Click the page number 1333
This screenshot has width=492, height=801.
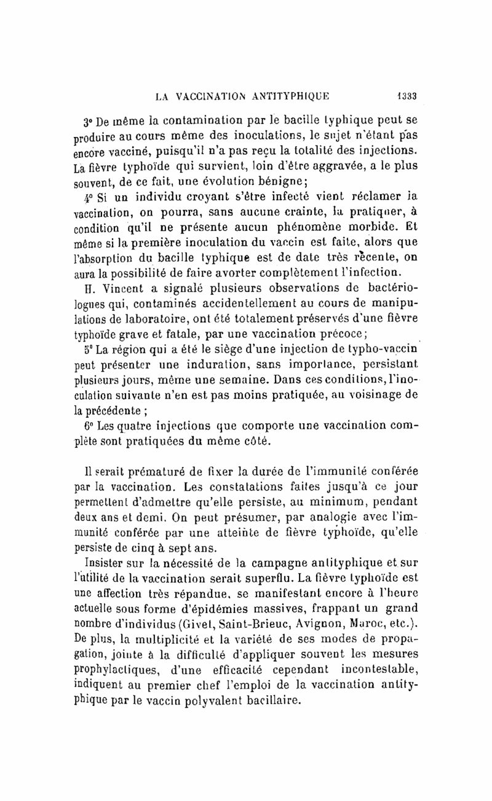[405, 95]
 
